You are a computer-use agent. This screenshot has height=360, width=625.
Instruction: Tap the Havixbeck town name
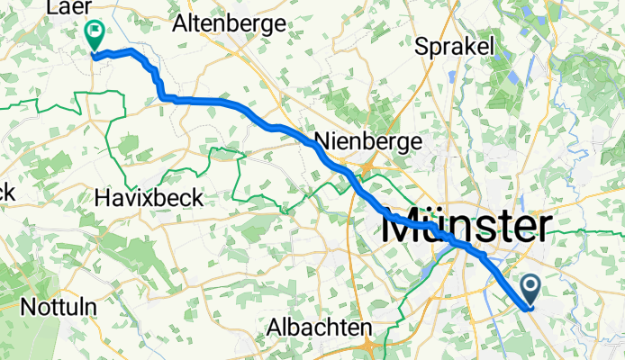click(x=149, y=196)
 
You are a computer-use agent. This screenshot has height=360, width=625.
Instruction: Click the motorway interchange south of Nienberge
click(x=369, y=165)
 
